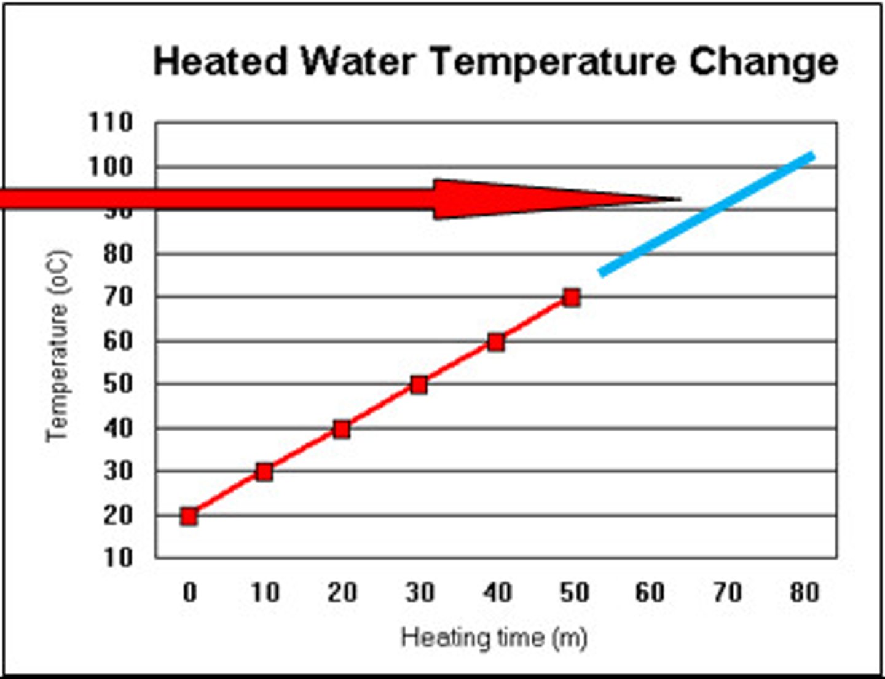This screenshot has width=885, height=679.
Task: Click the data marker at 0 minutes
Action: click(x=189, y=516)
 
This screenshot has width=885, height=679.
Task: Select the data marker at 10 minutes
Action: click(x=265, y=472)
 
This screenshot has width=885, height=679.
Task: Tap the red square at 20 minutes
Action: click(x=342, y=429)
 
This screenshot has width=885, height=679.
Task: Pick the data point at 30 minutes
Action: click(x=419, y=385)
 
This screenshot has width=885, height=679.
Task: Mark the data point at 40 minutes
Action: click(x=496, y=343)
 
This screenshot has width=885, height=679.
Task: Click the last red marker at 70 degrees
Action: click(x=572, y=298)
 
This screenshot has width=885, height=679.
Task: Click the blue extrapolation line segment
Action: click(x=707, y=214)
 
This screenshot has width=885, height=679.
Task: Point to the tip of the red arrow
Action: click(x=678, y=199)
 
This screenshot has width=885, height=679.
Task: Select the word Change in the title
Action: click(x=763, y=63)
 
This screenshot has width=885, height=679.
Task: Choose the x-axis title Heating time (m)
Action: click(x=494, y=637)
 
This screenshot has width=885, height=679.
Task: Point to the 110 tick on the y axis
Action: click(x=111, y=122)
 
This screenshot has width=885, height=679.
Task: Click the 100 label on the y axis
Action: click(x=111, y=167)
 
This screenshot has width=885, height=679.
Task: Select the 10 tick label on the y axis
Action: click(x=117, y=558)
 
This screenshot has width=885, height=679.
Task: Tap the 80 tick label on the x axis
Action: click(x=804, y=592)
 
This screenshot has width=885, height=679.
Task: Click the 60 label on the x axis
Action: click(x=650, y=592)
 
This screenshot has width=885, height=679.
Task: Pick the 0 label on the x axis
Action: click(x=190, y=592)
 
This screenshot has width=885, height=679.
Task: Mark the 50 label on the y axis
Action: click(x=117, y=384)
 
